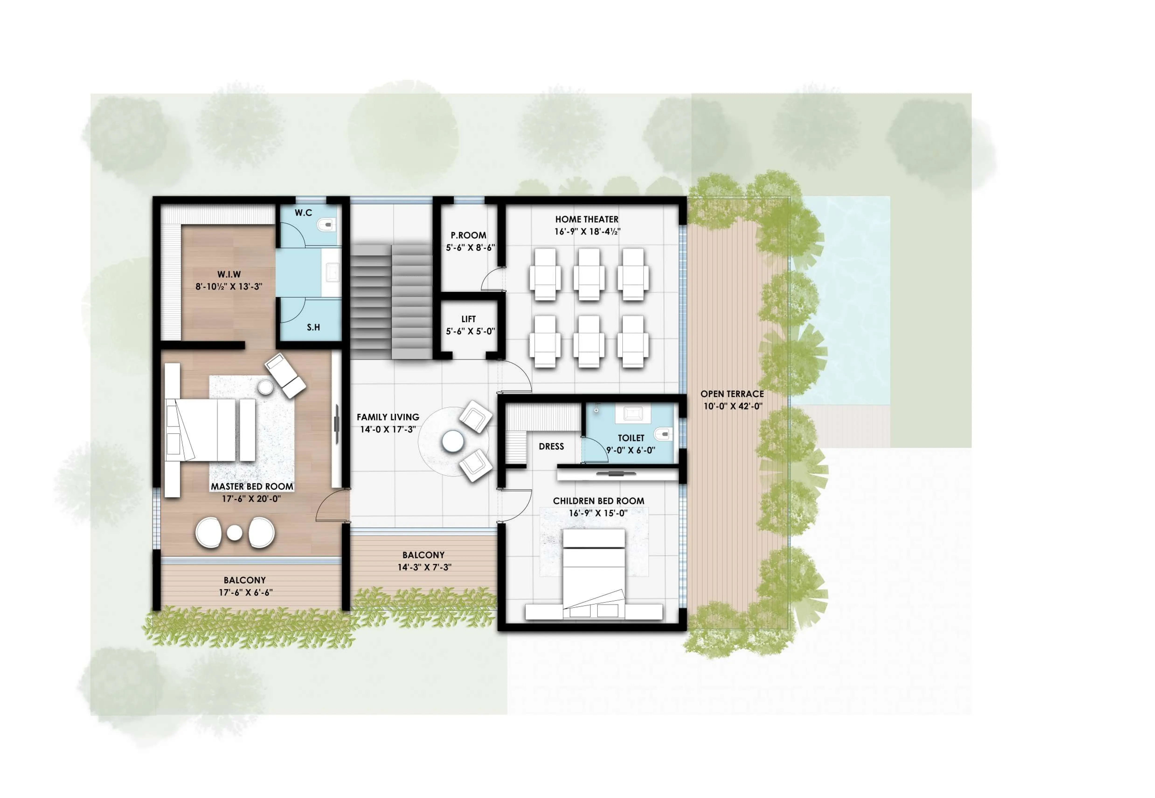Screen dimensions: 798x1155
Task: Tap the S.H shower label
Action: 313,327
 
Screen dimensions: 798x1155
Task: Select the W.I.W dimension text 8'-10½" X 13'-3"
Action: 229,287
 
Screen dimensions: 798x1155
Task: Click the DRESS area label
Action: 551,446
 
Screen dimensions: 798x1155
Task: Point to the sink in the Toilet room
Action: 632,414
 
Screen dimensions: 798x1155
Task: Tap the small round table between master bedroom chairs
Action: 235,532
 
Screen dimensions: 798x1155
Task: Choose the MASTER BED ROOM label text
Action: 252,486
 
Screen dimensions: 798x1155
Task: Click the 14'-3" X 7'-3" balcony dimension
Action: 424,567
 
